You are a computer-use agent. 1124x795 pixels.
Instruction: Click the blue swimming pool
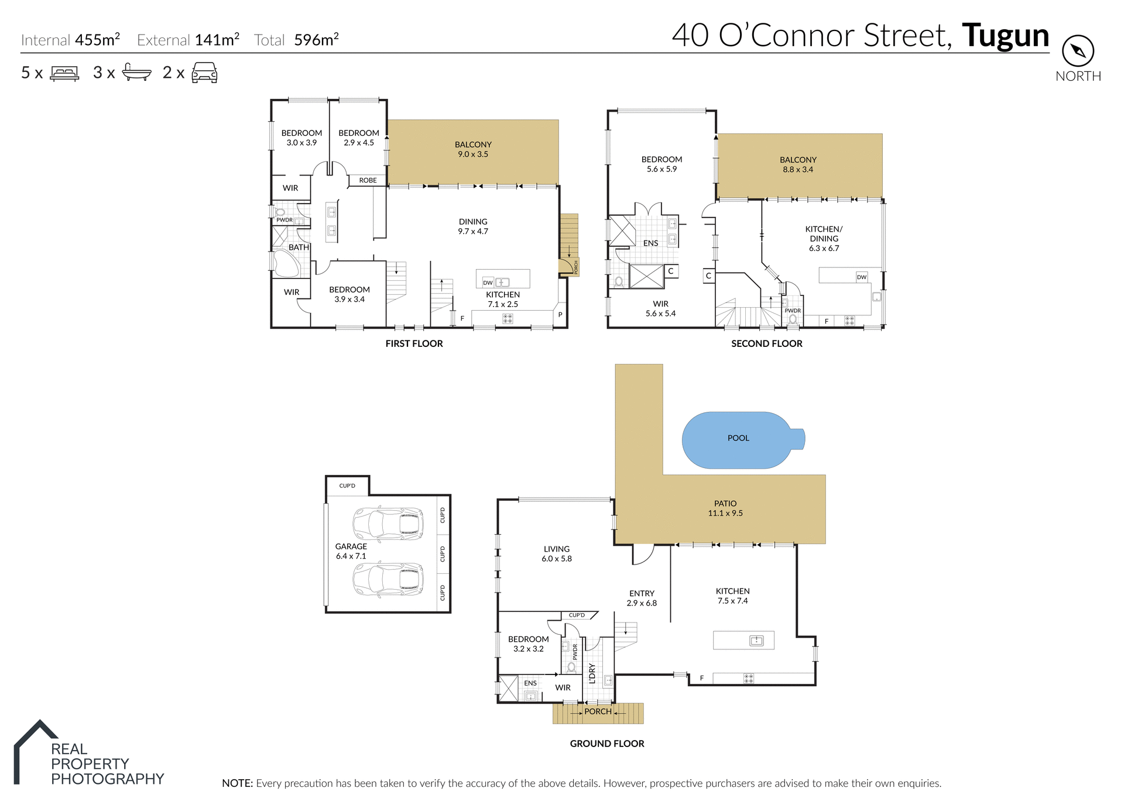tap(739, 440)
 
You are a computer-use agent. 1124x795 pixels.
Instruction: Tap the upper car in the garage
tap(388, 524)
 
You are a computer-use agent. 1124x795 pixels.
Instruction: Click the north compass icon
tap(1078, 51)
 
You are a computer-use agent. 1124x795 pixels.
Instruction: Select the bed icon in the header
tap(64, 73)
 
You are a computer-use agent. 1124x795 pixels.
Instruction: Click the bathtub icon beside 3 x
tap(136, 73)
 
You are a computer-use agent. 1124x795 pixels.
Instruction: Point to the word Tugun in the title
tap(1005, 36)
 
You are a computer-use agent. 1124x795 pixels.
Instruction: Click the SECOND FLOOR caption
tap(766, 343)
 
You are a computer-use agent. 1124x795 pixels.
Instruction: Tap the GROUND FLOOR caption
tap(607, 744)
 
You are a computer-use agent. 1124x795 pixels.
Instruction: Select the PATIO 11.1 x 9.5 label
tap(725, 508)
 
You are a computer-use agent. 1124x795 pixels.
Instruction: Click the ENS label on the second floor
tap(650, 243)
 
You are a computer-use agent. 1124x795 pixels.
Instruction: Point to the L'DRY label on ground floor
tap(592, 673)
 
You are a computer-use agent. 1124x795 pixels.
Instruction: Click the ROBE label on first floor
tap(368, 180)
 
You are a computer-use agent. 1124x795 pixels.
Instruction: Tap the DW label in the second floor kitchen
tap(861, 277)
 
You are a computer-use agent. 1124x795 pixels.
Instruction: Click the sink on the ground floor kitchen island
tap(756, 641)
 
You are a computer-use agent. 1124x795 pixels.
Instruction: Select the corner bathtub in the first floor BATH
tap(287, 264)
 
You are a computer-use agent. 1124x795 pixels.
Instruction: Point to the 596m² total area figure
tap(316, 40)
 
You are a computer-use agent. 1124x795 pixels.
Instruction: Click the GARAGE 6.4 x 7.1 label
tap(351, 551)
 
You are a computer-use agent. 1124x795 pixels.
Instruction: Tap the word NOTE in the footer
tap(237, 783)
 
